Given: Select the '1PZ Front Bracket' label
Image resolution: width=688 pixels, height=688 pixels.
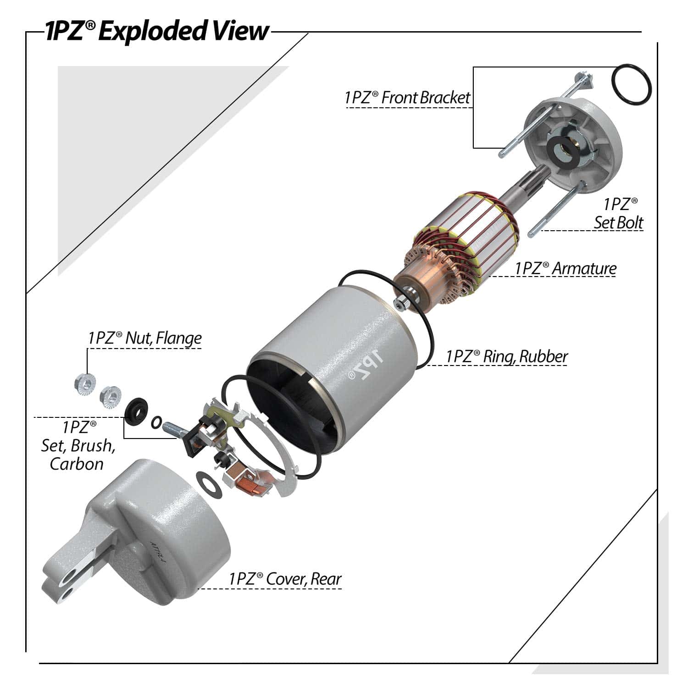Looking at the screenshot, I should click(x=407, y=98).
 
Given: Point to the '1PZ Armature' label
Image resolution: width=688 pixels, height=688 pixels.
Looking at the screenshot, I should click(x=566, y=268).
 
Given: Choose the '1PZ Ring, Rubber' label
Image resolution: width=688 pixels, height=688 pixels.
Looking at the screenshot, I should click(x=507, y=356).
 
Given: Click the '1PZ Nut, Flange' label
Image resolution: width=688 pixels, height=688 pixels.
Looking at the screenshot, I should click(x=145, y=338).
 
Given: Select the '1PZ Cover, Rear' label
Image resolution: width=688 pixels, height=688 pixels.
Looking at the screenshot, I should click(x=285, y=579).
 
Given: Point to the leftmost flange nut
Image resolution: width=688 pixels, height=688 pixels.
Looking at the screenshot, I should click(x=83, y=383).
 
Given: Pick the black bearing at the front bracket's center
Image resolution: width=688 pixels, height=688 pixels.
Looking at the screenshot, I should click(x=563, y=149).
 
